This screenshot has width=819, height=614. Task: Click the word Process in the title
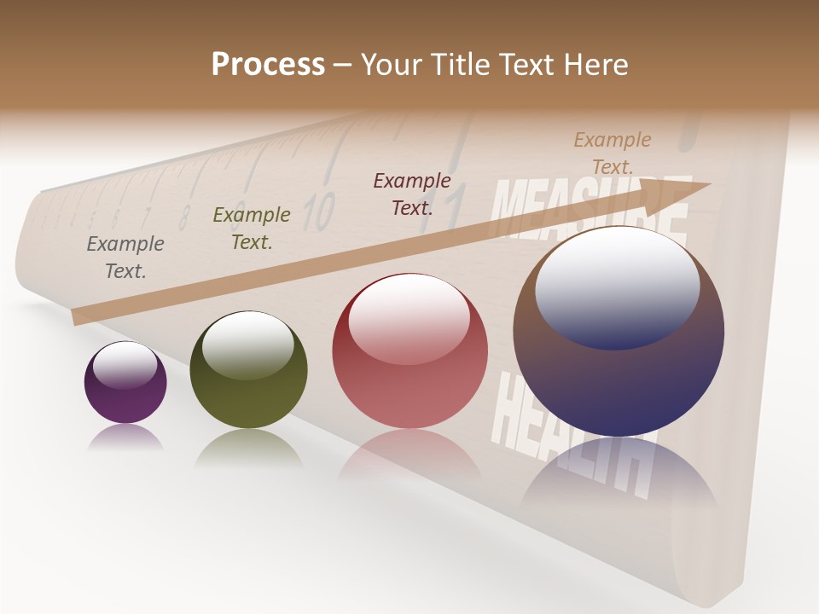click(268, 65)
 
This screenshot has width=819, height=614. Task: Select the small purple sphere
click(125, 383)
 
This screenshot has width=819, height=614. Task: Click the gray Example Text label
click(125, 258)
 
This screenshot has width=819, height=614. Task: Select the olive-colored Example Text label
click(252, 229)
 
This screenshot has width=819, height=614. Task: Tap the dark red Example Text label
click(412, 194)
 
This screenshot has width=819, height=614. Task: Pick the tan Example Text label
click(612, 153)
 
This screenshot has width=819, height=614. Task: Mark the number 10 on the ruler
click(319, 211)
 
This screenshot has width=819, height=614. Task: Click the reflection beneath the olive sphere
click(248, 447)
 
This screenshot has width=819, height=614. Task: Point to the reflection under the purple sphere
click(125, 438)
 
